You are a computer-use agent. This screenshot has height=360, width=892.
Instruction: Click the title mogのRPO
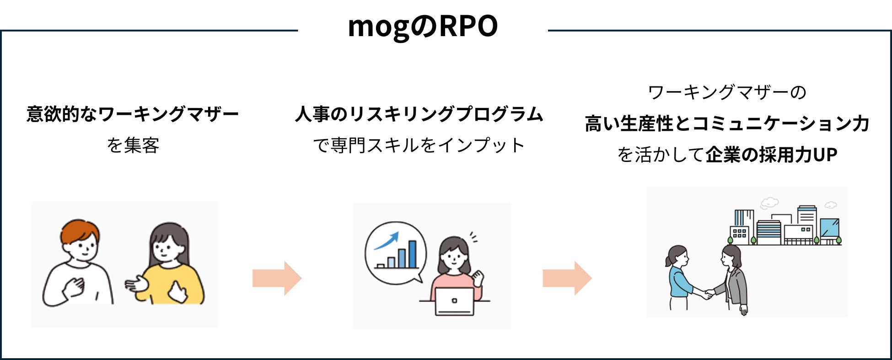pos(423,27)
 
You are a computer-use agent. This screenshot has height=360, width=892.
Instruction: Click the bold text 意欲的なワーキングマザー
pos(133,114)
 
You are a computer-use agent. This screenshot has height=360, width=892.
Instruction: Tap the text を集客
pos(133,145)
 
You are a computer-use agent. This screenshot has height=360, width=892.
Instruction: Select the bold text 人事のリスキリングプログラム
pos(419,114)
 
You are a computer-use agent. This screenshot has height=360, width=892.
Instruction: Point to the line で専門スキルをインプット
pos(419,145)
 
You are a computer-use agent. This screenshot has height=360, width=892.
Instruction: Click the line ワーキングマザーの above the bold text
pos(727,92)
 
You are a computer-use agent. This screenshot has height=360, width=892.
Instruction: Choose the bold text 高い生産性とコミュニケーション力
pos(727,124)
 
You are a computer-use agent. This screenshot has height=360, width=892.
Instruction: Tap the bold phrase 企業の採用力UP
pos(771,155)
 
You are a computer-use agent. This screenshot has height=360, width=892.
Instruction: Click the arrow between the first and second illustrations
pos(277,278)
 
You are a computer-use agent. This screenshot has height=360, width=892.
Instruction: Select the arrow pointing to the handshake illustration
pos(567,278)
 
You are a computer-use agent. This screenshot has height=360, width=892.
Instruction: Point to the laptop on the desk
pos(454,301)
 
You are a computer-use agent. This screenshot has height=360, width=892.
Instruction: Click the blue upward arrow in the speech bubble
pos(387,241)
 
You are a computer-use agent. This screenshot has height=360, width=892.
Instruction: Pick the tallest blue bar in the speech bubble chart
pos(412,254)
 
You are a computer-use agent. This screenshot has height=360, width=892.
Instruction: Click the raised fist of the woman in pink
pos(478,278)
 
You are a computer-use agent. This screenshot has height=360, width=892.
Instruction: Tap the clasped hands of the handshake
pos(709,293)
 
